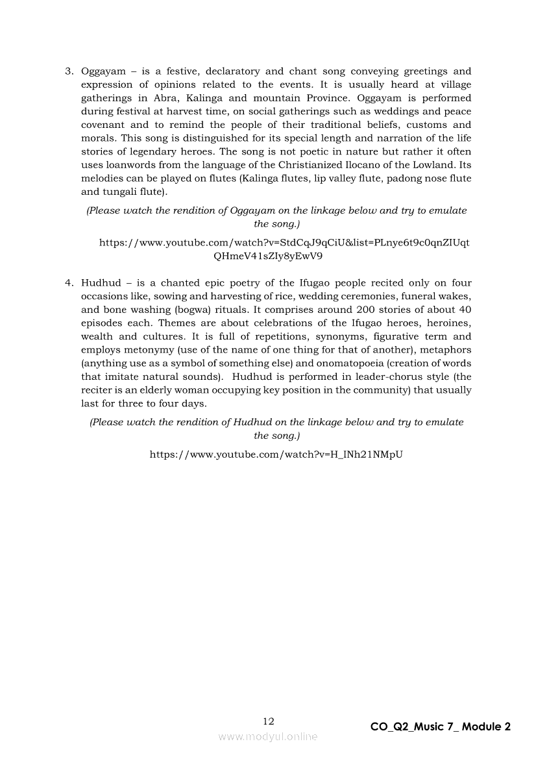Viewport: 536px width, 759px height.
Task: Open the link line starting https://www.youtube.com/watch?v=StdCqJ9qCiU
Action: [x=284, y=243]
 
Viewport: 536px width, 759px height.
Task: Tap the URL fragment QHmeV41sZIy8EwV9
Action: [x=268, y=256]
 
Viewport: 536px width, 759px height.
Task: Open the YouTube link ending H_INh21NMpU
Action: [x=276, y=454]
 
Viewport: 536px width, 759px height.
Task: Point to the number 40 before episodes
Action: [x=464, y=310]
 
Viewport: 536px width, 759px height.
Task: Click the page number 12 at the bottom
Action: [x=268, y=721]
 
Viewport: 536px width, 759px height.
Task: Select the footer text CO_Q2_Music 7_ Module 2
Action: [x=441, y=727]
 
